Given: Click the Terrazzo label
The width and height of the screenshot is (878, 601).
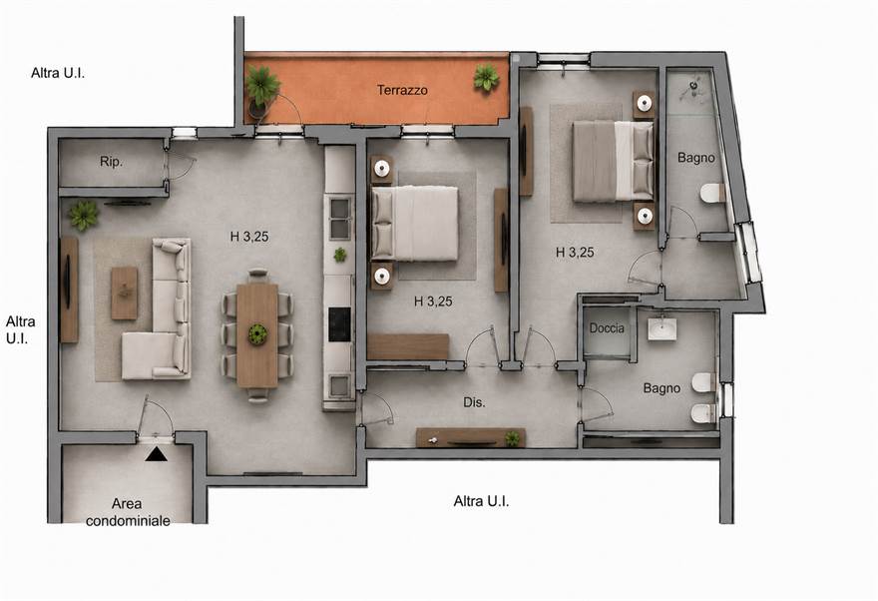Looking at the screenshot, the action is (402, 90).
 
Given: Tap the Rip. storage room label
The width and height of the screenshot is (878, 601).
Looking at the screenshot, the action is (111, 162).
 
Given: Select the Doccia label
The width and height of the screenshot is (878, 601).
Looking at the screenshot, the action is (607, 328).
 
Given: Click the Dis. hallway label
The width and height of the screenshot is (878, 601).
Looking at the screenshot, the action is (474, 402).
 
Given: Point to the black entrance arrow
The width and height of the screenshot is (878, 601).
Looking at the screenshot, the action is (157, 454).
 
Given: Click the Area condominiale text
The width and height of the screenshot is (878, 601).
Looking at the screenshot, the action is (128, 512).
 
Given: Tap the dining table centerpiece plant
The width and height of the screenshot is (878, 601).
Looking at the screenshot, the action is (257, 334).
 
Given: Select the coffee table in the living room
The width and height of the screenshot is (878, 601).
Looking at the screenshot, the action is (125, 293).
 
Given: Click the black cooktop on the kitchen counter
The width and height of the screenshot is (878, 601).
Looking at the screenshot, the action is (339, 324).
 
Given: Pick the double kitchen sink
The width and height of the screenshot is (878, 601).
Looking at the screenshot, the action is (339, 218).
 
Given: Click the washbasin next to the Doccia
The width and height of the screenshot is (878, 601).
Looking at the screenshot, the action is (661, 329).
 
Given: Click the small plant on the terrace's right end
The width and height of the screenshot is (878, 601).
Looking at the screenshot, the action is (486, 78).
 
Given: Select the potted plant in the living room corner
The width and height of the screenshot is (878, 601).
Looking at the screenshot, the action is (84, 216).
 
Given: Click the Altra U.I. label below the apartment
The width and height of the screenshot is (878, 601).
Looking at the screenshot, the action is (481, 501).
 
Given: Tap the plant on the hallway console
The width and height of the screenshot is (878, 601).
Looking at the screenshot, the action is (512, 438).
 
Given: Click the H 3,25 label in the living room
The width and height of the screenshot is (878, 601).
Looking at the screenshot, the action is (249, 237).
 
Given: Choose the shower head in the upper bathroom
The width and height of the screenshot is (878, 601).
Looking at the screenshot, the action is (693, 86).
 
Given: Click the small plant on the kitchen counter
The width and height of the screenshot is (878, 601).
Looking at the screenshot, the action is (339, 255).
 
